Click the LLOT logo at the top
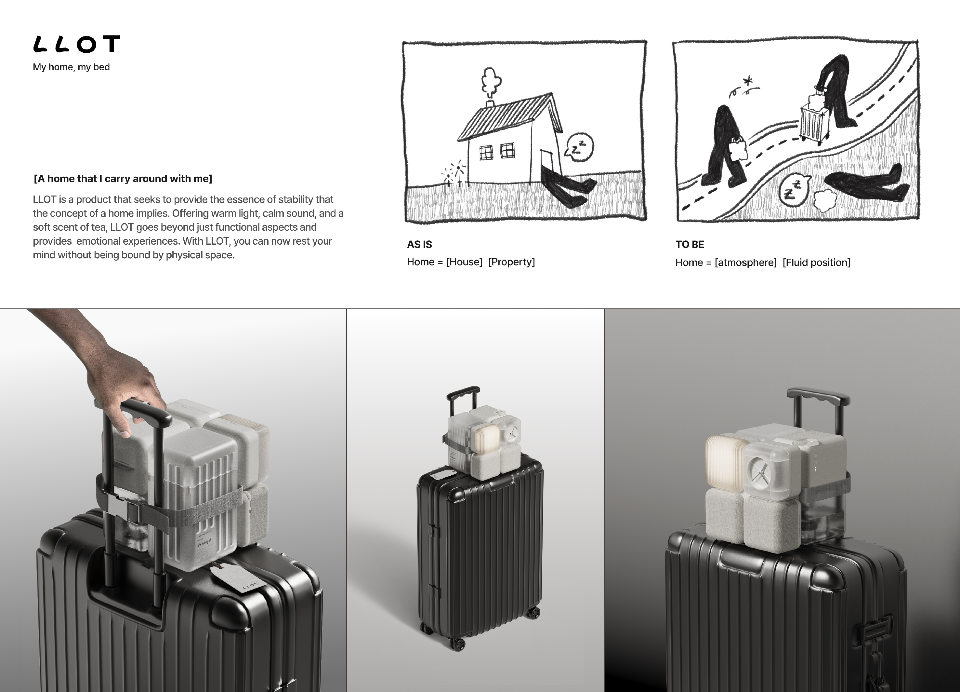click(77, 44)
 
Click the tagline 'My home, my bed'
click(71, 67)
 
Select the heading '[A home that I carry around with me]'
click(123, 179)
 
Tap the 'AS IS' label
click(419, 244)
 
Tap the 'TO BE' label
click(690, 244)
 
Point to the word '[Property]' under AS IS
click(511, 262)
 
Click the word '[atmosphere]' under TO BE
click(746, 263)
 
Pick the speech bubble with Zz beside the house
click(579, 147)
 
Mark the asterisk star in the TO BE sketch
click(748, 80)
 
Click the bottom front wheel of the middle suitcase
click(458, 644)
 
